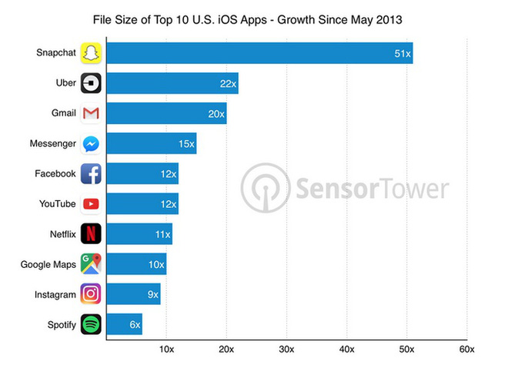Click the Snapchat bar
[x=259, y=52]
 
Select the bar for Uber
[x=172, y=83]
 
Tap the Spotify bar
[x=124, y=324]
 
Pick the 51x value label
[x=400, y=53]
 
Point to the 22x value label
[x=226, y=83]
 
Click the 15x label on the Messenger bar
[x=184, y=144]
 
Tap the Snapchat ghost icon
[x=91, y=53]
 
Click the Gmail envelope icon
[x=91, y=114]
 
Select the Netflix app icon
[x=91, y=233]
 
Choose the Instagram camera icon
[x=91, y=294]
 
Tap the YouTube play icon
[x=91, y=204]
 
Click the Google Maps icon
[x=91, y=264]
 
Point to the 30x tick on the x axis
[x=286, y=349]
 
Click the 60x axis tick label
[x=466, y=349]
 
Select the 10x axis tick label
[x=166, y=349]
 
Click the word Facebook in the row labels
[x=55, y=174]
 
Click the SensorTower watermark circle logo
[x=264, y=188]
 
